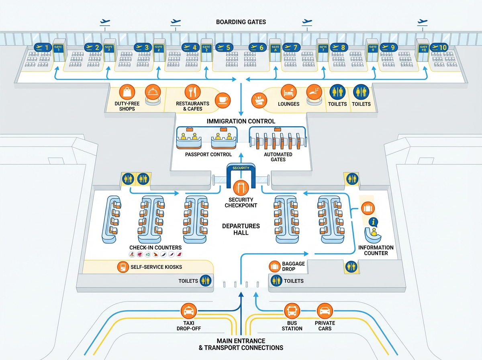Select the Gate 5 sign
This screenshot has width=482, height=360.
(224, 48)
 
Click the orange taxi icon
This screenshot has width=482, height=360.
(188, 311)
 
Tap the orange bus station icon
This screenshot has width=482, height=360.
(292, 311)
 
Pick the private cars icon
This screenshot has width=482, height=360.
(325, 311)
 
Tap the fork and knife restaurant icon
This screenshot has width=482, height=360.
(193, 92)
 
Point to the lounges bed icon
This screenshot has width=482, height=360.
(288, 92)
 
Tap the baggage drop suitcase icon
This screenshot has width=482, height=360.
(275, 266)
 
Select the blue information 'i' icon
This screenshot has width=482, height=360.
(374, 221)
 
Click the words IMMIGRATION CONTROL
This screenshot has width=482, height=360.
(241, 121)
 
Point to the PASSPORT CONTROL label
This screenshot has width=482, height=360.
(208, 154)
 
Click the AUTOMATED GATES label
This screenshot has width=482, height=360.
(278, 157)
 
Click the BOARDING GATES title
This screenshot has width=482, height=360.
(241, 22)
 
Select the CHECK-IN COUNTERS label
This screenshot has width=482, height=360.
(155, 247)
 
